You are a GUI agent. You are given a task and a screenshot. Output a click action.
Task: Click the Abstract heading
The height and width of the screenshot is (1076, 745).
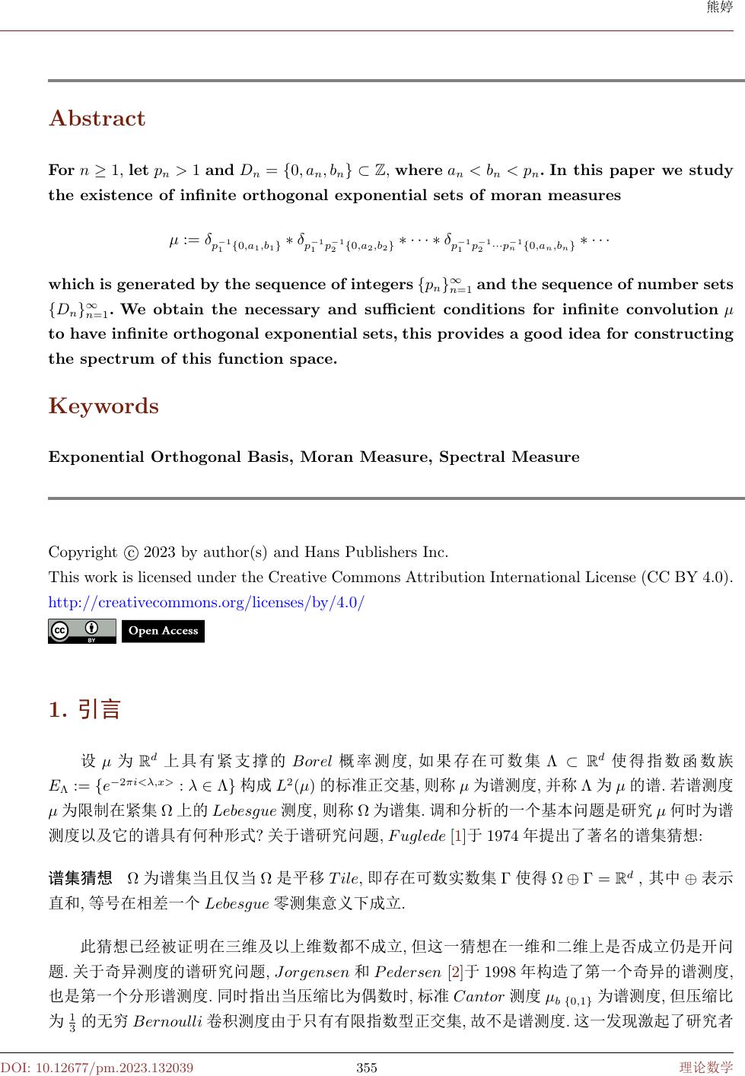click(x=97, y=119)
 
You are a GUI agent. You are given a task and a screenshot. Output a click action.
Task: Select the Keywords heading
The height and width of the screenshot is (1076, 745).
click(x=103, y=406)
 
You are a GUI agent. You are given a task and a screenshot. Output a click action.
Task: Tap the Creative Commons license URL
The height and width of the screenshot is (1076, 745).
click(x=206, y=603)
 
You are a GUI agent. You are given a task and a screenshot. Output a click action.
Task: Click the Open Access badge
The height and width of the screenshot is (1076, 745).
click(x=163, y=631)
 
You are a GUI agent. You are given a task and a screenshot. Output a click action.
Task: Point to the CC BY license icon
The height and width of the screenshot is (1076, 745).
click(x=81, y=631)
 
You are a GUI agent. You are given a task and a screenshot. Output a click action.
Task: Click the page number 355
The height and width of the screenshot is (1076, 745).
click(x=367, y=1067)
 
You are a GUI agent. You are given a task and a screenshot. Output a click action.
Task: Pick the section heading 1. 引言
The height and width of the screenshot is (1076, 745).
click(x=84, y=710)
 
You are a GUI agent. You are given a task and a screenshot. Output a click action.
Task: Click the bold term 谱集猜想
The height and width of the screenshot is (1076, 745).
click(x=81, y=878)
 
